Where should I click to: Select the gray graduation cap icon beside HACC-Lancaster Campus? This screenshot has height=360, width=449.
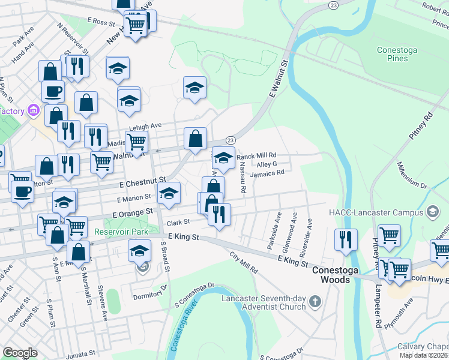point(432,212)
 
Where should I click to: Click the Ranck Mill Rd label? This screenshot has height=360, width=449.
point(256,155)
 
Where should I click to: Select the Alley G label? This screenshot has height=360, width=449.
point(266,164)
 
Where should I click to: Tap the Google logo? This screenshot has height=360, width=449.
point(20,353)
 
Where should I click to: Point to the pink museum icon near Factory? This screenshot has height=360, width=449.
point(33,111)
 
